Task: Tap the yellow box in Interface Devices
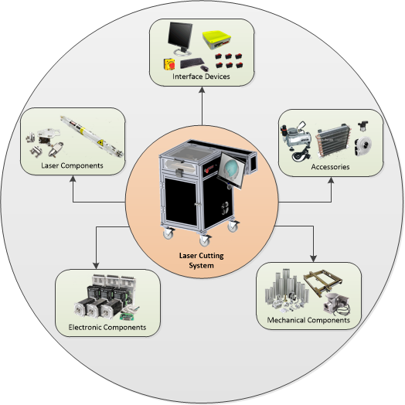click(216, 39)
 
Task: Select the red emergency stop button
click(169, 64)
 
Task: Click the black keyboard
click(192, 63)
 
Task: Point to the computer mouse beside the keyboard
click(204, 69)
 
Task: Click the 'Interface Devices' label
click(201, 77)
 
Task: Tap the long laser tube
click(92, 136)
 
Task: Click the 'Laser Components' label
click(72, 165)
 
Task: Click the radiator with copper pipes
click(333, 140)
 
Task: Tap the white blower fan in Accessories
click(362, 146)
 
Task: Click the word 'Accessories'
click(330, 167)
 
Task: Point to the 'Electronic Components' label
click(107, 327)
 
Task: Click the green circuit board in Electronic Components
click(128, 316)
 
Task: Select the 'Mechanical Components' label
click(308, 320)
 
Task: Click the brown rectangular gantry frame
click(323, 283)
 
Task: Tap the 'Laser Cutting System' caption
click(202, 260)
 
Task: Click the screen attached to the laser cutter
click(231, 170)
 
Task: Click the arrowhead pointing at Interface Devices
click(202, 90)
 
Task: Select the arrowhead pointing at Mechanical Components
click(313, 259)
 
